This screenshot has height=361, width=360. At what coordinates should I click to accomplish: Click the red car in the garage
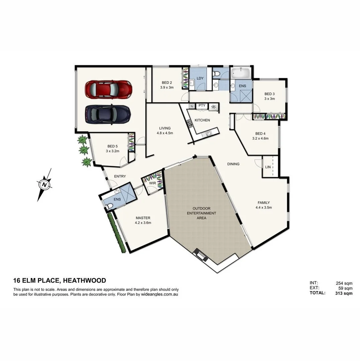[x=108, y=90]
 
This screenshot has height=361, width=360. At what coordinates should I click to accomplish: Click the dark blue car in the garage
[x=108, y=114]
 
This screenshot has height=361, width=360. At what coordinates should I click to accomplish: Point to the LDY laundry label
[x=200, y=78]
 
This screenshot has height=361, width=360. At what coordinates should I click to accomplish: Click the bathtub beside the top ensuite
[x=241, y=73]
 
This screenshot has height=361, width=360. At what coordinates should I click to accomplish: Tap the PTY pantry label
[x=202, y=106]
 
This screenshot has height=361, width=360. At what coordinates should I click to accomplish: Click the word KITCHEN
[x=202, y=120]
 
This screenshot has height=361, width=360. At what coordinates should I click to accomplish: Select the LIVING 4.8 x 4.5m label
[x=165, y=130]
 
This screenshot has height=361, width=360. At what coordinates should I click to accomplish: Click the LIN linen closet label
[x=268, y=167]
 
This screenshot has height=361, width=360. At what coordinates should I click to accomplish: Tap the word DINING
[x=233, y=164]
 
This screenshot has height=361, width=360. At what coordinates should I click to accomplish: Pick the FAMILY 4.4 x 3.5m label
[x=263, y=205]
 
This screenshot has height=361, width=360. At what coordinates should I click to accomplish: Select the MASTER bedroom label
[x=143, y=220]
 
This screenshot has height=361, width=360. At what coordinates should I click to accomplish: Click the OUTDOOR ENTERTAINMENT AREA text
[x=201, y=213]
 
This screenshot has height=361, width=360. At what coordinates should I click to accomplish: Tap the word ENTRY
[x=120, y=176]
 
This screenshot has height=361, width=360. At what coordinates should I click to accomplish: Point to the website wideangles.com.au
[x=160, y=295]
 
